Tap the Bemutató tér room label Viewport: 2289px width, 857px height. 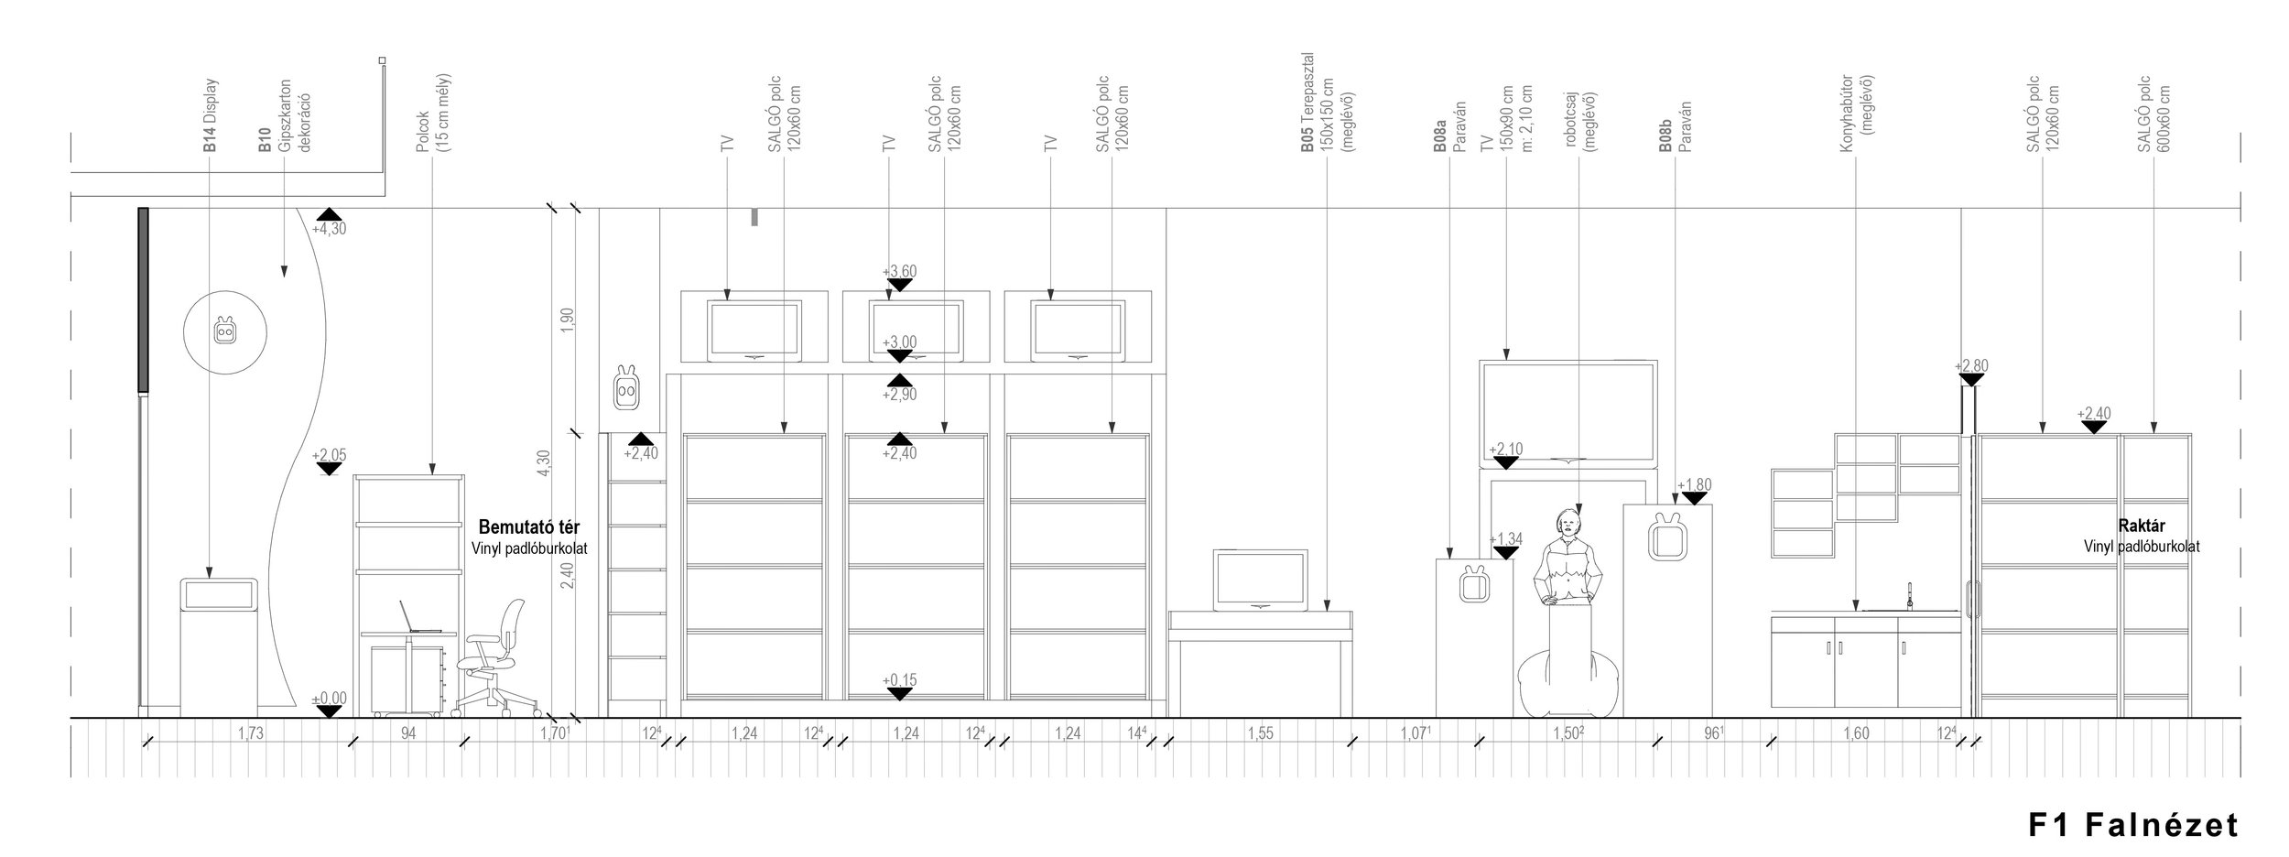coord(529,528)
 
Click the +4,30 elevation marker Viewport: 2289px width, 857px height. coord(329,229)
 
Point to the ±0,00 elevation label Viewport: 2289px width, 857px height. coord(329,699)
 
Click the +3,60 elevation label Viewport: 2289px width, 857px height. coord(899,271)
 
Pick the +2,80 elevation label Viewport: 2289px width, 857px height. coord(1971,366)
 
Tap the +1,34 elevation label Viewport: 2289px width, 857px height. coord(1505,539)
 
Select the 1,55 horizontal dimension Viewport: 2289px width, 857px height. coord(1260,733)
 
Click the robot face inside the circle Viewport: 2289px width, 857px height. coord(224,330)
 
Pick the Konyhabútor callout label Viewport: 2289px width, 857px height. coord(1854,114)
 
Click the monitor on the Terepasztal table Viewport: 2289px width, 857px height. coord(1260,580)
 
